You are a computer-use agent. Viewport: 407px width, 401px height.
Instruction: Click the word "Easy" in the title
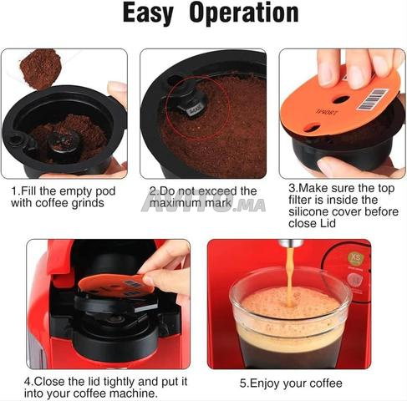point(148,13)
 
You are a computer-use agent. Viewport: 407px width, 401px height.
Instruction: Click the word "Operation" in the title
point(244,13)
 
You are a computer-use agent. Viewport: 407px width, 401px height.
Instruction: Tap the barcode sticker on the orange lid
point(372,99)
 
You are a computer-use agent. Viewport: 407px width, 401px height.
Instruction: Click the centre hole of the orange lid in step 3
point(341,99)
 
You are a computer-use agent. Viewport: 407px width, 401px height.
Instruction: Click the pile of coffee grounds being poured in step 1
point(40,69)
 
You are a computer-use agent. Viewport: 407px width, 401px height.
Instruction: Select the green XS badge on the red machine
point(356,258)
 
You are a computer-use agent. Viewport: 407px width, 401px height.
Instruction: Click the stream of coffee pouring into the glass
point(290,276)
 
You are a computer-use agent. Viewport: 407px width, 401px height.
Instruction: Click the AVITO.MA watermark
point(203,203)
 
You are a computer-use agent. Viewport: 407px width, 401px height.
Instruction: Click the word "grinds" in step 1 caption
point(88,203)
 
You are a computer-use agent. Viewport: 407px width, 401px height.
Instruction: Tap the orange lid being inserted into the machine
point(116,285)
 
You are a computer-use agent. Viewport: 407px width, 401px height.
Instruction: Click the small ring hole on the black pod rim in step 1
point(16,138)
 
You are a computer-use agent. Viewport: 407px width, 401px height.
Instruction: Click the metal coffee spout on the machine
point(291,243)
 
